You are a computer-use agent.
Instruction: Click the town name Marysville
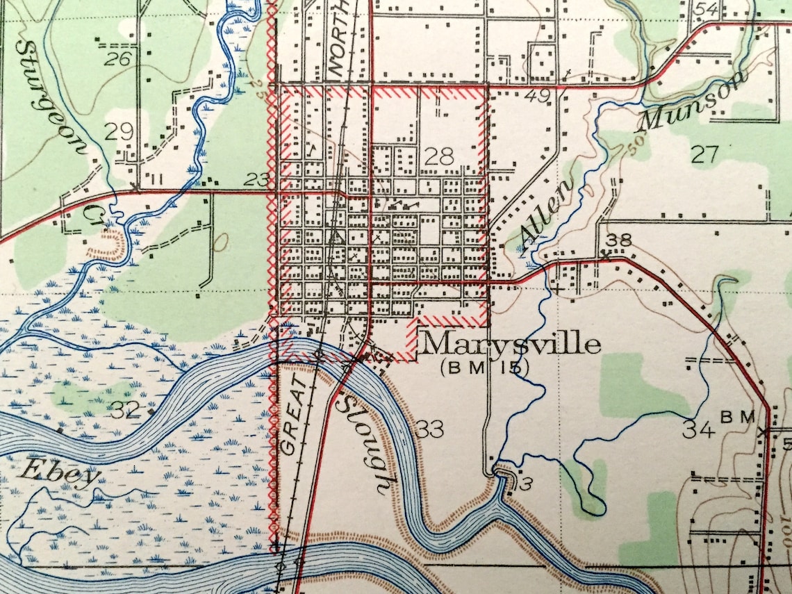point(511,344)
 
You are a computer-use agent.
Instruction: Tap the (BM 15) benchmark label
point(484,368)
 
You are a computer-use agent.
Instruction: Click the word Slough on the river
point(362,445)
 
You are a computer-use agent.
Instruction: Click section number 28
point(439,156)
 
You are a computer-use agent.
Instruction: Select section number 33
point(431,430)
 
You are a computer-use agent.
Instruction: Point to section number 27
point(703,154)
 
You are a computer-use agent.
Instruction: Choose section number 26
point(117,58)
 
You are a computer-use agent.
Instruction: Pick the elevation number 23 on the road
point(257,180)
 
